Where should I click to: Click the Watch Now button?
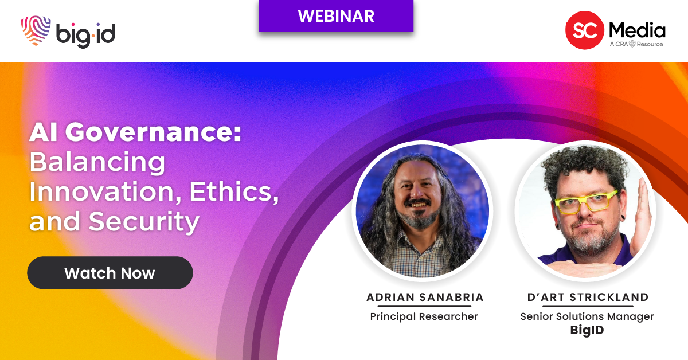pos(110,273)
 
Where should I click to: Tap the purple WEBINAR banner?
pos(336,16)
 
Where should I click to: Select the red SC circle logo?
pos(584,30)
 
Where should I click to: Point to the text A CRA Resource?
pos(636,44)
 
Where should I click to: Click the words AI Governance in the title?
pos(135,134)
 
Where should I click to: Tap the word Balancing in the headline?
pos(97,163)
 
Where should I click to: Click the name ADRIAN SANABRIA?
pos(424,297)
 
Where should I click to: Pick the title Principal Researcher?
pos(424,316)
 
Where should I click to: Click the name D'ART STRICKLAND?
pos(588,297)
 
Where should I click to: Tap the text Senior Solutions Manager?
pos(587,316)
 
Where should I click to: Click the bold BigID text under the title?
pos(587,330)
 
